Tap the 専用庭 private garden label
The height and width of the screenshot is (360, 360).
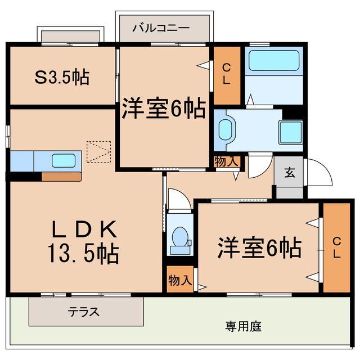(243, 326)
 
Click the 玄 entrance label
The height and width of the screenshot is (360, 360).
(289, 173)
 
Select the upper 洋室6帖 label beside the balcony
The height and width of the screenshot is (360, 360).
(164, 109)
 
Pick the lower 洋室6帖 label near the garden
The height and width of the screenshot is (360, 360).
(259, 247)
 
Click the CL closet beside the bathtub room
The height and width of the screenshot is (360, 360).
(227, 74)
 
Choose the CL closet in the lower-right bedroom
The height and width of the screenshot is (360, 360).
(336, 247)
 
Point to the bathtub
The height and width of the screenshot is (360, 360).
(273, 60)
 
